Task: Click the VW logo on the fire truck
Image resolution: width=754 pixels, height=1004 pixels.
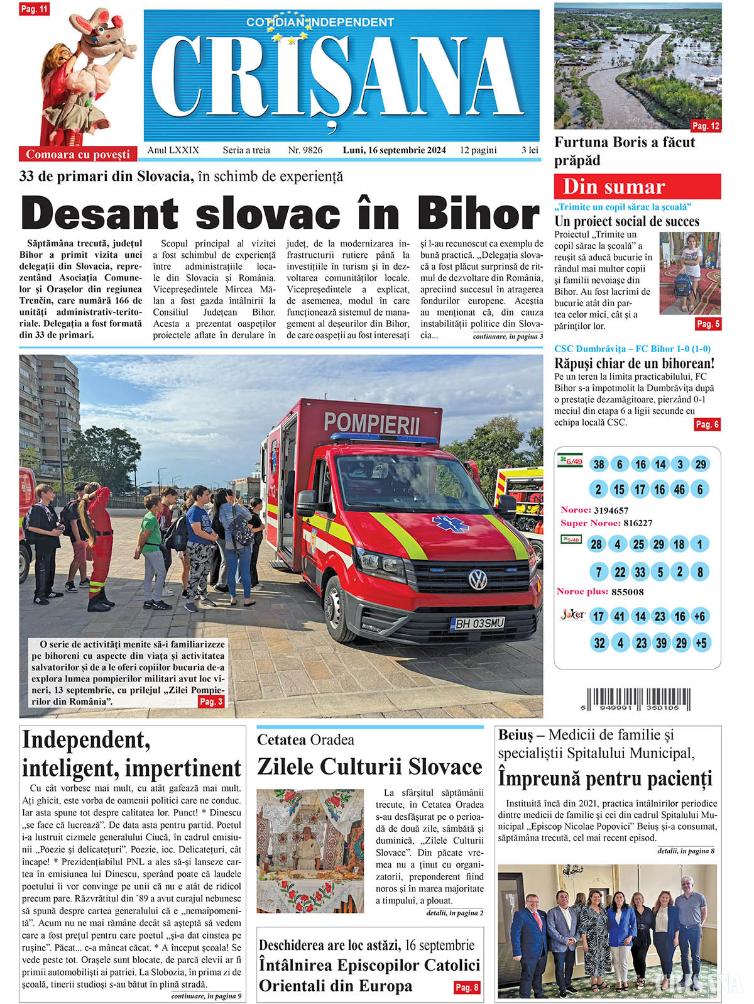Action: coord(477,579)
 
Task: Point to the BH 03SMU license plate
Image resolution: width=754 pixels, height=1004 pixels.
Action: coord(478,624)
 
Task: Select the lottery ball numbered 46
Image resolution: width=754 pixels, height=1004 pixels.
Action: coord(679,489)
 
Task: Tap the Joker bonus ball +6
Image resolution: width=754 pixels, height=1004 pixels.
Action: coord(700,616)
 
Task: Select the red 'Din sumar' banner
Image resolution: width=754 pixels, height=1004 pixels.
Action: coord(637,187)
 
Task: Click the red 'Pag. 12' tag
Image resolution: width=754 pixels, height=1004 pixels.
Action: coord(706,126)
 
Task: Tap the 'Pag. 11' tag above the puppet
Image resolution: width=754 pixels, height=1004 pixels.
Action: coord(35,9)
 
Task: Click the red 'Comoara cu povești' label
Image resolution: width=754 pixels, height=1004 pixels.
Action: coord(78,154)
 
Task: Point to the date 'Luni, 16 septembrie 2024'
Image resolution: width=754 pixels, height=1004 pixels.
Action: coord(394,150)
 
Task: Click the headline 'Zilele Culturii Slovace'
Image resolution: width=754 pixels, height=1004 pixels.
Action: coord(369,767)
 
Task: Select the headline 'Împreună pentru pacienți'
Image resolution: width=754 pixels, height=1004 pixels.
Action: coord(605,778)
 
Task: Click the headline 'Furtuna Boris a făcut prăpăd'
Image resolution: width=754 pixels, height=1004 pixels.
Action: coord(625,151)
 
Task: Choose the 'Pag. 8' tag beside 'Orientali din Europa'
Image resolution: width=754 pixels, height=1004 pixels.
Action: coord(467,987)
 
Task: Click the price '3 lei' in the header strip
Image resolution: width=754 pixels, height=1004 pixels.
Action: coord(529,150)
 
